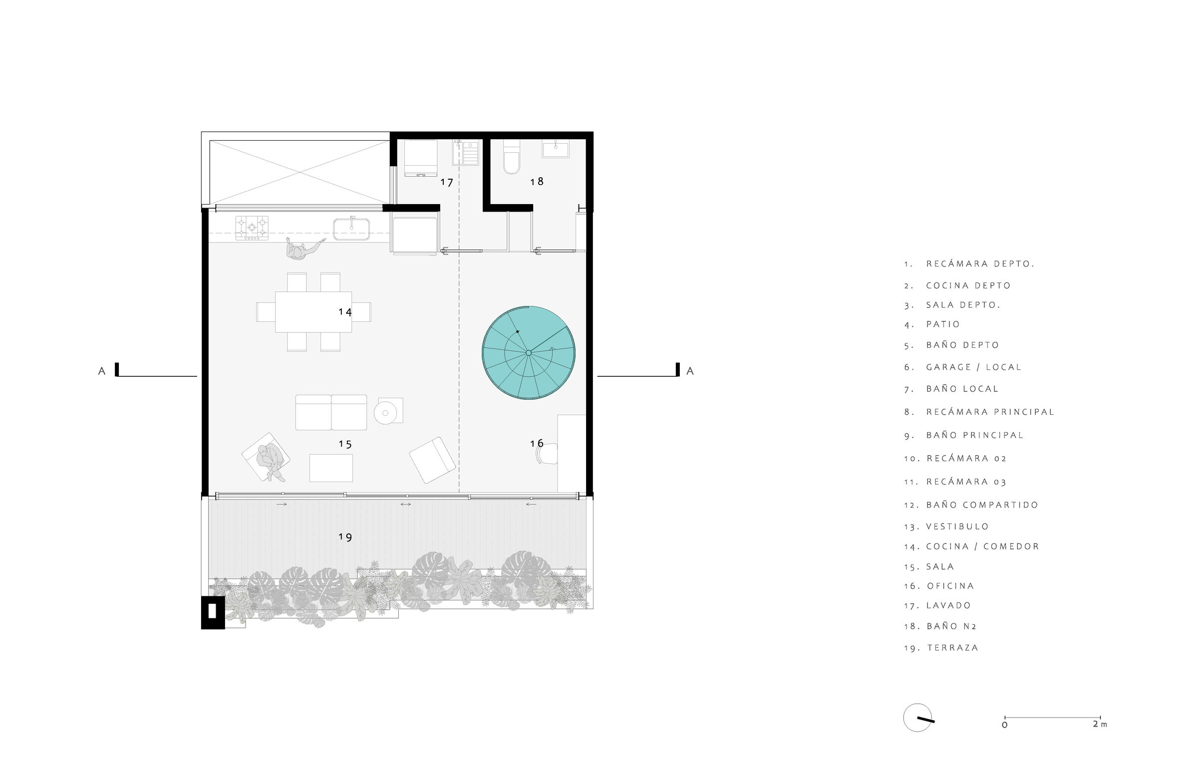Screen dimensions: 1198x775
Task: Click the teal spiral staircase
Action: click(528, 352)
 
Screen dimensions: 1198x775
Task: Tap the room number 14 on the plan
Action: click(345, 312)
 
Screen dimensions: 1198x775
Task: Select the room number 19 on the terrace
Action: click(345, 537)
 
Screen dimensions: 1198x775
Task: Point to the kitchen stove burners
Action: click(252, 228)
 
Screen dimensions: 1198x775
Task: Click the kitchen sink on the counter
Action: click(351, 229)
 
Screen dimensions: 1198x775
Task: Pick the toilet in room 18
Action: click(512, 157)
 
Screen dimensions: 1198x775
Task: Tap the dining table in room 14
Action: click(313, 312)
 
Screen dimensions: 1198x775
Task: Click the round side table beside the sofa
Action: click(385, 413)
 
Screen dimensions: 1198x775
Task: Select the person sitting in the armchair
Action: click(269, 462)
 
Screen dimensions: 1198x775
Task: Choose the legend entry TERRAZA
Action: click(953, 648)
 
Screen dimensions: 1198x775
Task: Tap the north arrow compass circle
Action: click(917, 717)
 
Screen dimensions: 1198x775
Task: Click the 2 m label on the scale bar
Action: click(1100, 724)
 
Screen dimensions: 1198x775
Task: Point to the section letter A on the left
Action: click(102, 371)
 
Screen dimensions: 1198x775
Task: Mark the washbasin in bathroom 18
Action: click(556, 149)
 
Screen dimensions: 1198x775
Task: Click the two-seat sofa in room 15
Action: click(331, 413)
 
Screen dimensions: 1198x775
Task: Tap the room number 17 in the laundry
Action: click(446, 182)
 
